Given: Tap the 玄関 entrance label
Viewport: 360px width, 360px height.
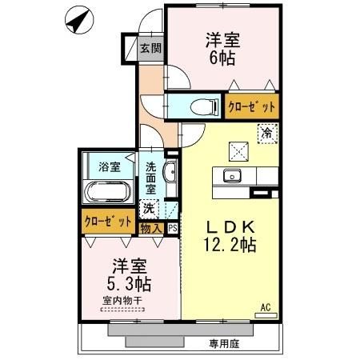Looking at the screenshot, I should click(x=150, y=48).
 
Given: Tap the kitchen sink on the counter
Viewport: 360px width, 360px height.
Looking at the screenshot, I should click(x=234, y=176).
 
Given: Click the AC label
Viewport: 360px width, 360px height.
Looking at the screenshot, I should click(x=266, y=305).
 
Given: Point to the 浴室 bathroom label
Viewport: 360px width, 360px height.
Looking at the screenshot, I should click(x=110, y=167).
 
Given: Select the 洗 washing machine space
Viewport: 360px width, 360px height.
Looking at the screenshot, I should click(x=148, y=209).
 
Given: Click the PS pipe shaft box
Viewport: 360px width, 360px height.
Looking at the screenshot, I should click(x=172, y=228).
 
